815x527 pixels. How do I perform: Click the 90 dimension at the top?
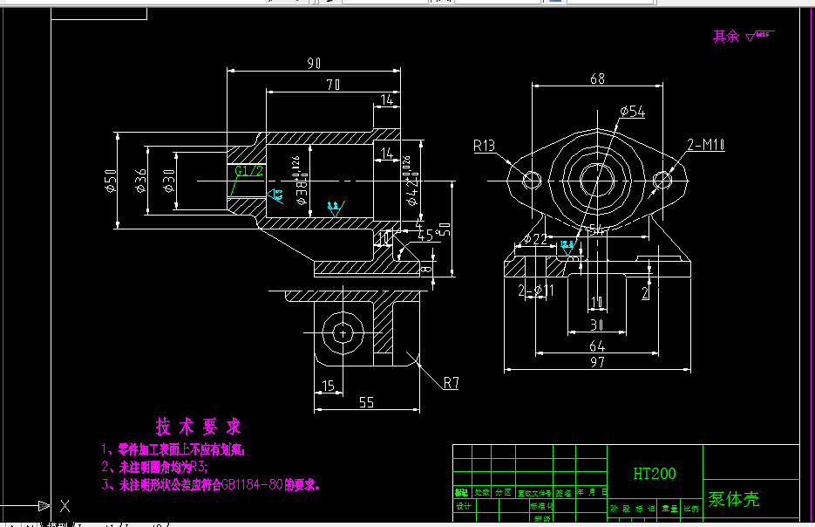(315, 63)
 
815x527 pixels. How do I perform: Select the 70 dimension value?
(333, 84)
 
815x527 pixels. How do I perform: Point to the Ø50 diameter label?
(111, 181)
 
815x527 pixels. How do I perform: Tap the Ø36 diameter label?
(140, 181)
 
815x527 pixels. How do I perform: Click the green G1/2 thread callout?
(248, 170)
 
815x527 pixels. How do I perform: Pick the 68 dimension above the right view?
(597, 79)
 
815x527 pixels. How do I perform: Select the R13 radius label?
(486, 145)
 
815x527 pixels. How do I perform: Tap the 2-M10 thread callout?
(706, 145)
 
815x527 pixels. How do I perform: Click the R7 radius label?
(451, 382)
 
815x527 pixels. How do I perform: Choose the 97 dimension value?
(597, 362)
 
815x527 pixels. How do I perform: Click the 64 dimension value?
(597, 346)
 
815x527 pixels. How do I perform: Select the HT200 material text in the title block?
(655, 474)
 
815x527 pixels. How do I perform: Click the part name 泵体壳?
(733, 499)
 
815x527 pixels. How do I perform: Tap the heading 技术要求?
(198, 427)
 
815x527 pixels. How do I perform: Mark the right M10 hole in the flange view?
(662, 179)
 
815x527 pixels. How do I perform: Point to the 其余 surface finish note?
(742, 36)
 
